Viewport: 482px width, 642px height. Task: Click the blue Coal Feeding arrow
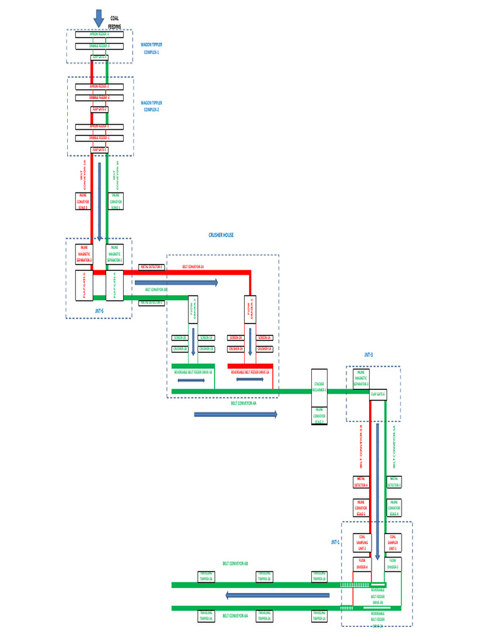pos(99,18)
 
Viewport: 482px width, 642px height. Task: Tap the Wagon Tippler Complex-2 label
pos(150,105)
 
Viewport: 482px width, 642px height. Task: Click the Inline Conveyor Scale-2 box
pos(83,201)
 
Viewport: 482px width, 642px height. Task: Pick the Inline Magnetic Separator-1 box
pos(114,255)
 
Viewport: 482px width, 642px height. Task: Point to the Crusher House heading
pos(221,235)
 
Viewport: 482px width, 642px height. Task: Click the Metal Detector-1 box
pos(151,266)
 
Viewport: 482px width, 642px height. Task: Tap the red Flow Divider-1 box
pos(250,308)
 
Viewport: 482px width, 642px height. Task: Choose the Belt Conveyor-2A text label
pos(193,266)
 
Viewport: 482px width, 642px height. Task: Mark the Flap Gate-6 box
pos(378,394)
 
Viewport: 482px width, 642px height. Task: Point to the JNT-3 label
pos(368,355)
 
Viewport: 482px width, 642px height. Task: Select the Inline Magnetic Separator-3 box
pos(361,379)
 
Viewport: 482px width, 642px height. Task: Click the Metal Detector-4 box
pos(363,481)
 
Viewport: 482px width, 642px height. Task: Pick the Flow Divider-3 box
pos(392,563)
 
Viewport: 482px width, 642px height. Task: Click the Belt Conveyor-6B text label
pos(235,564)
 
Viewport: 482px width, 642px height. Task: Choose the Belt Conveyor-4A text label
pos(244,404)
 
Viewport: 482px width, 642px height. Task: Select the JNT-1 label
pos(335,542)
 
